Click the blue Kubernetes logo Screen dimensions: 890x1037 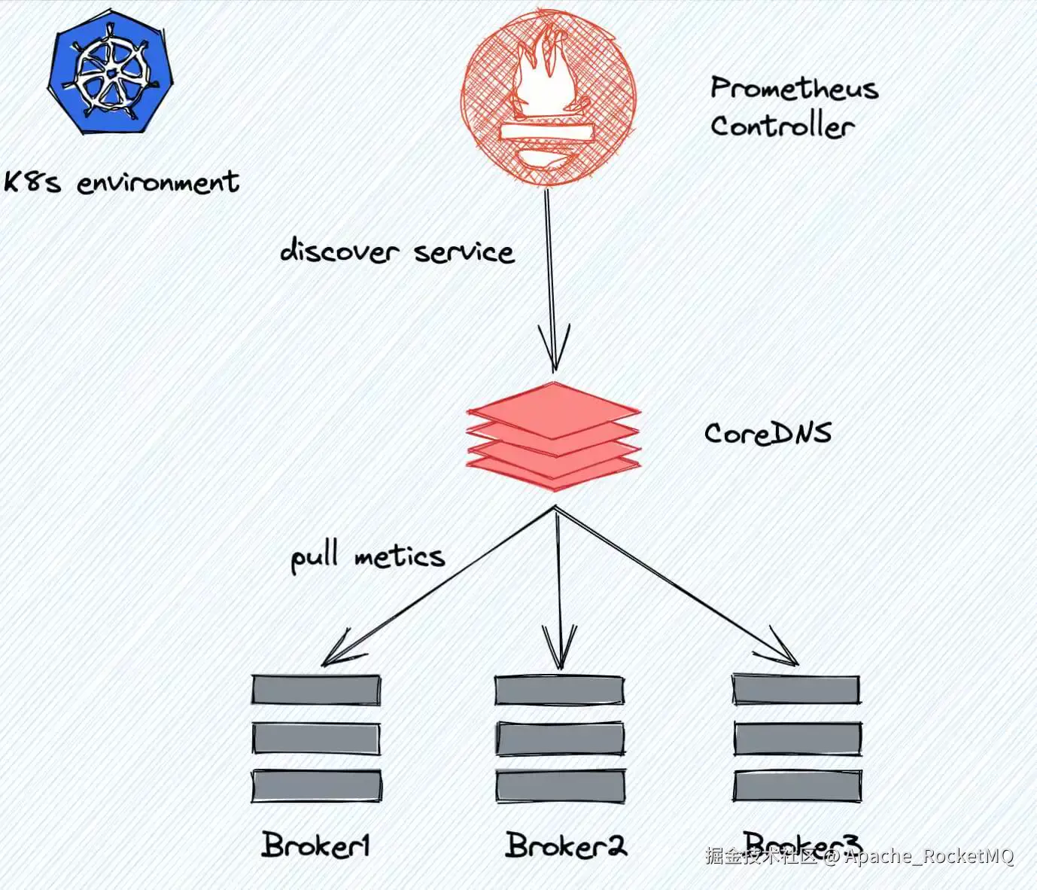(x=110, y=74)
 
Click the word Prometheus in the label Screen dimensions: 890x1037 (x=794, y=89)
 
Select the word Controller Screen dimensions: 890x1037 (x=782, y=126)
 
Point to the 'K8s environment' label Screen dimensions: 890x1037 (x=121, y=182)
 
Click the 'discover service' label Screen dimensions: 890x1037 (x=397, y=251)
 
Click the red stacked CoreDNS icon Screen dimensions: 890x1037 (x=554, y=436)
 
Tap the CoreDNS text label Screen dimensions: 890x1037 (x=768, y=433)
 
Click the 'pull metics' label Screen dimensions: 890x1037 (x=367, y=557)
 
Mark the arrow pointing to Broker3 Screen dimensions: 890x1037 (x=677, y=587)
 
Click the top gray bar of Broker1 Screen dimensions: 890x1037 (x=316, y=689)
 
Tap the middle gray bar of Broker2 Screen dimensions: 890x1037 (x=560, y=739)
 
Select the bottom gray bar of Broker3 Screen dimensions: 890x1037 (x=797, y=785)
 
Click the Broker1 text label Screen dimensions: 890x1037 (x=316, y=845)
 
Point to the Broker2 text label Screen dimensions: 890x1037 (x=565, y=845)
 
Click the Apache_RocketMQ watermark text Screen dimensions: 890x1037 (x=930, y=856)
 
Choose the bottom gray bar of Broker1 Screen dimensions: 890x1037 (x=316, y=785)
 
